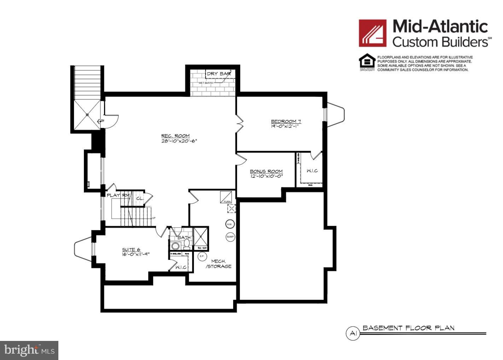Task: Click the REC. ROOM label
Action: pyautogui.click(x=175, y=136)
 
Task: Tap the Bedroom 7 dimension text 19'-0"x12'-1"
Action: pyautogui.click(x=285, y=126)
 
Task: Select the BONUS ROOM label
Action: pyautogui.click(x=266, y=171)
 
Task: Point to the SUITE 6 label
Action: pyautogui.click(x=131, y=250)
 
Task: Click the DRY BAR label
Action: pyautogui.click(x=219, y=74)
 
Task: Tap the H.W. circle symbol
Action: pyautogui.click(x=229, y=224)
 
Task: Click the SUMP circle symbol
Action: pyautogui.click(x=230, y=237)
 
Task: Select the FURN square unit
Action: pyautogui.click(x=226, y=197)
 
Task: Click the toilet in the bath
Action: pyautogui.click(x=187, y=244)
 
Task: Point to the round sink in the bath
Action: pyautogui.click(x=175, y=246)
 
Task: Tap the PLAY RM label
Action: pyautogui.click(x=118, y=195)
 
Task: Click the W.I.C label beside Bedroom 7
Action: pyautogui.click(x=312, y=171)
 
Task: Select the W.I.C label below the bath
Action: pyautogui.click(x=181, y=267)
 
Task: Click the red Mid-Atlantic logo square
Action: pyautogui.click(x=372, y=33)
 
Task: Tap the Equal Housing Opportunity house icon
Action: pyautogui.click(x=367, y=62)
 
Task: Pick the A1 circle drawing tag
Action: pyautogui.click(x=352, y=333)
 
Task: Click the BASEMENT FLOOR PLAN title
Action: pyautogui.click(x=408, y=328)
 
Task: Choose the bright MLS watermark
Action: pyautogui.click(x=29, y=350)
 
